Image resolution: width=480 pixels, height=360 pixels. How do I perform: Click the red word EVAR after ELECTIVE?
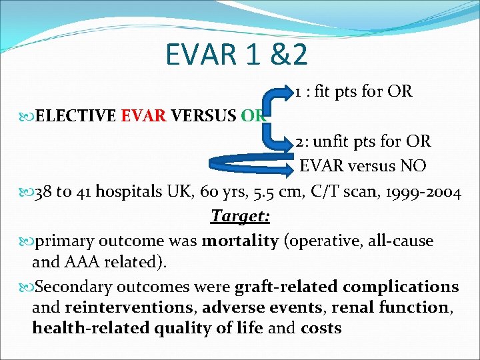pos(143,116)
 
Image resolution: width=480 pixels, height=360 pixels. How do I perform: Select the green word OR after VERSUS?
pos(253,116)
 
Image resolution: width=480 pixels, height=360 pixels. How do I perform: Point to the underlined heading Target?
pos(240,217)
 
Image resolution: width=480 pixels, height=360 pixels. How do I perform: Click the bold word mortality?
pos(241,241)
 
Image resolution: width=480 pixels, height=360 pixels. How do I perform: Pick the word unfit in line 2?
pos(331,142)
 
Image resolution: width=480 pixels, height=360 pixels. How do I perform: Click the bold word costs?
pos(321,328)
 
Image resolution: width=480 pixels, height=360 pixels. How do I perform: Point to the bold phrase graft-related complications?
pos(347,287)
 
